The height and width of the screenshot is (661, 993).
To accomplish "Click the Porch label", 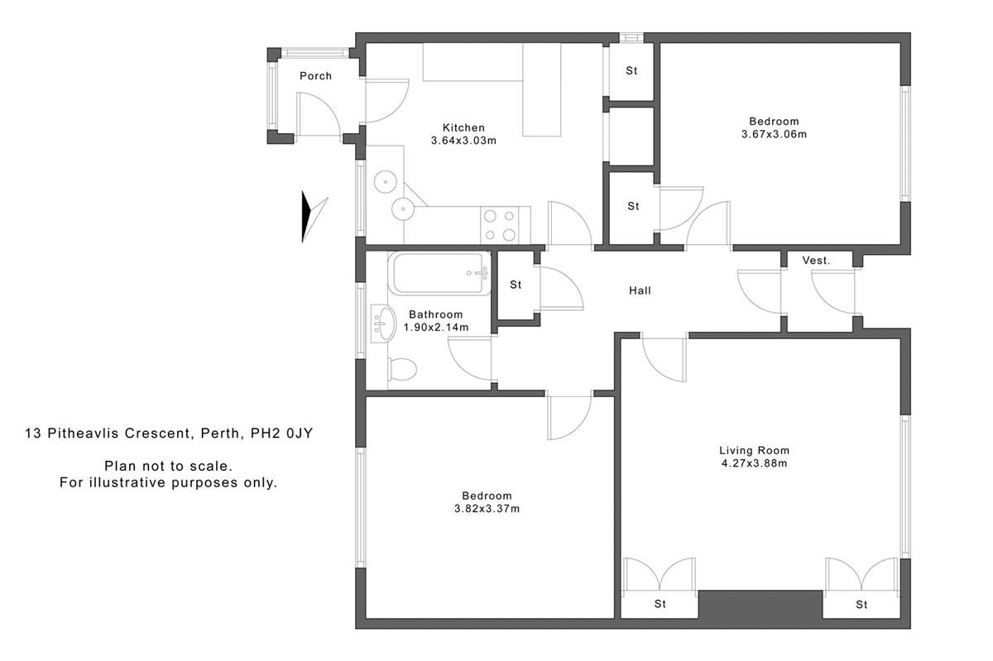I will coord(315,76).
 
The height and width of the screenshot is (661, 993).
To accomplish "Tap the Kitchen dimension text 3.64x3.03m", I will coord(463,141).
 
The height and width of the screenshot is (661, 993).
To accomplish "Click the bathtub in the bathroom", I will coord(439,273).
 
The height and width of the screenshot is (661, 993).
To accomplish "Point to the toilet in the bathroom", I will coord(401,369).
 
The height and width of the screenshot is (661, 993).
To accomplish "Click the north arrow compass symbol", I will coord(312,217).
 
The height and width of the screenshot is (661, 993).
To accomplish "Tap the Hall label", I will coord(640,290).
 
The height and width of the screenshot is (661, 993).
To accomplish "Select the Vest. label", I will coord(816,261).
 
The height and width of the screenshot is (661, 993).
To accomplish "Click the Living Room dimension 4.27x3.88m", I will coord(753,463).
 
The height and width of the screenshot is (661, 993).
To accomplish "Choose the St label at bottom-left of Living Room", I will coord(660,604).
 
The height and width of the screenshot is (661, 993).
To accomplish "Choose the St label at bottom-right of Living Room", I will coord(861,604).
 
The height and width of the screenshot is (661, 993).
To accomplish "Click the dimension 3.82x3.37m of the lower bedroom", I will coord(487,509).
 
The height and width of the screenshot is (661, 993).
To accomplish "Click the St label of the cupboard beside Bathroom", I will coord(516,285).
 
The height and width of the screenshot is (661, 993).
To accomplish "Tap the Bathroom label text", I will coord(436,314).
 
